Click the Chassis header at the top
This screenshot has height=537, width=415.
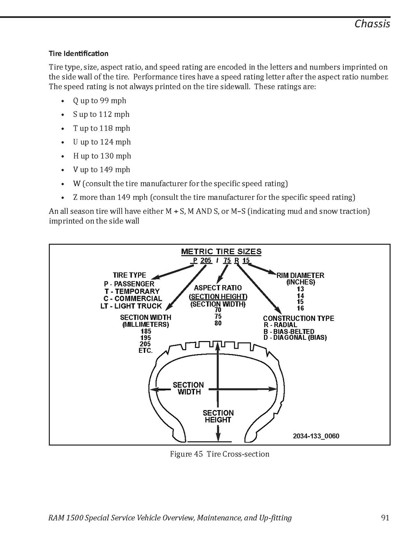tap(372, 23)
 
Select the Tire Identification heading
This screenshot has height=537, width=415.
tap(78, 53)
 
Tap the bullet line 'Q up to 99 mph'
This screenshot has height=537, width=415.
tap(99, 100)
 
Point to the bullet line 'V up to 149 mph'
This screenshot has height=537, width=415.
tap(102, 170)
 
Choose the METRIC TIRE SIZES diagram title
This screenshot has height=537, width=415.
tap(221, 251)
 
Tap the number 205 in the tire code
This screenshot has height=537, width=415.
tap(206, 261)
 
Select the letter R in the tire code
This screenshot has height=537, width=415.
tap(236, 261)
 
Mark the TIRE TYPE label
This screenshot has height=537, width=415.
tap(129, 275)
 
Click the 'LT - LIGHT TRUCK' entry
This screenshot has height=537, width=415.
tap(131, 306)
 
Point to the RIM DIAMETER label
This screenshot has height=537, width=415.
tap(300, 275)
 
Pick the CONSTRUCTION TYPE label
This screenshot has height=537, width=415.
tap(298, 318)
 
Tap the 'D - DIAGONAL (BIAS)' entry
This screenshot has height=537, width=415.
tap(295, 338)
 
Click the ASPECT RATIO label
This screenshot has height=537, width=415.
tap(218, 288)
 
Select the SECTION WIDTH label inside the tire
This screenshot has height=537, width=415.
tap(188, 388)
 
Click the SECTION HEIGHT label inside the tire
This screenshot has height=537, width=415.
tap(218, 416)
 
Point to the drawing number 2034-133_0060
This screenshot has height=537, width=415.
tap(319, 436)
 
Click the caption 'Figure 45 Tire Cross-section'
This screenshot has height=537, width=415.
tap(220, 454)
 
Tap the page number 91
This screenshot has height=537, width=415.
tap(385, 518)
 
